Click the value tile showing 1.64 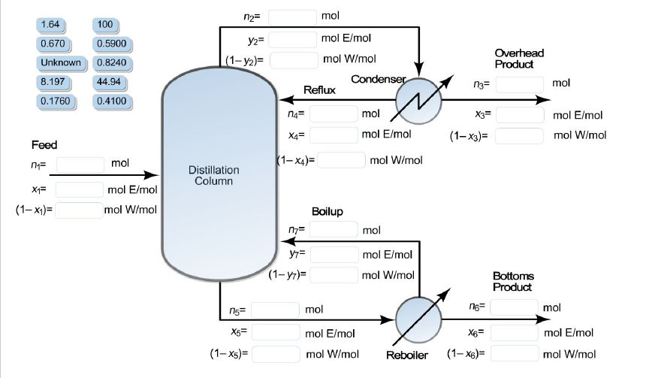click(56, 25)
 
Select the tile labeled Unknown click(56, 62)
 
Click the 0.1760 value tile click(56, 100)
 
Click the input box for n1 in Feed click(80, 164)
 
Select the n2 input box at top click(291, 17)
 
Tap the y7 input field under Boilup click(334, 255)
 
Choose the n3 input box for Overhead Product click(519, 83)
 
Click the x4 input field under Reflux click(333, 135)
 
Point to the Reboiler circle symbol click(418, 319)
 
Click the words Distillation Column click(213, 176)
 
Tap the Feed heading click(44, 144)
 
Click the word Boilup click(327, 211)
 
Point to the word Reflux click(319, 89)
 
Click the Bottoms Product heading click(513, 282)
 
